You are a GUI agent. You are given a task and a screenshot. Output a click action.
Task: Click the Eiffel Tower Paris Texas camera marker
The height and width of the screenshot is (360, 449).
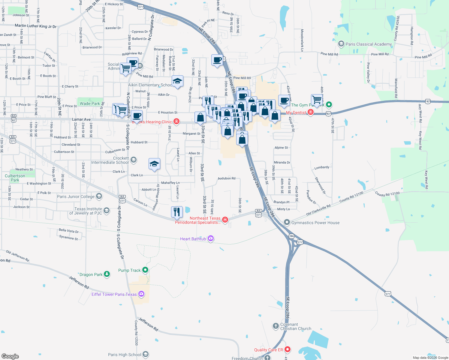141,294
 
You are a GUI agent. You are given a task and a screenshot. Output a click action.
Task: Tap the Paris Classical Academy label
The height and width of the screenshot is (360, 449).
369,44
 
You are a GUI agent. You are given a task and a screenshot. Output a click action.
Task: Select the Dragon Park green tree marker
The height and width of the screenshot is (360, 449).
107,274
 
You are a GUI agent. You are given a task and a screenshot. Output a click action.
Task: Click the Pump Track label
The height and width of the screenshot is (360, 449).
129,270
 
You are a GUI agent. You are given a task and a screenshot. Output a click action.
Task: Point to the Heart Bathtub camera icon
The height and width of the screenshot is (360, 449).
211,238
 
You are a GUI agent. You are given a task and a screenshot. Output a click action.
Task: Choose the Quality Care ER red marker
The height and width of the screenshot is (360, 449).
288,349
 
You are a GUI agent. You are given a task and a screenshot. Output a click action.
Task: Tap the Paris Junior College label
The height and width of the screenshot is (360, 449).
76,196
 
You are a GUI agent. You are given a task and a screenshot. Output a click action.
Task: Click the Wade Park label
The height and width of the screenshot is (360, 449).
90,103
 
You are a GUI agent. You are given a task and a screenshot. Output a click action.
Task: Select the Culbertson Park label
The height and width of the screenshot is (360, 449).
15,178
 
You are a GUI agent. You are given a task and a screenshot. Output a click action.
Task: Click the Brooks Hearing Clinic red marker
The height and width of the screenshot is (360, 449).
176,121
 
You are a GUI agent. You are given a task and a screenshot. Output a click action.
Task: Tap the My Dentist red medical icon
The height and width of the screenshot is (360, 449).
311,112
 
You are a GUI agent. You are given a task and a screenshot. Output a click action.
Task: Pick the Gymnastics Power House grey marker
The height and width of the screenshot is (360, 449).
287,222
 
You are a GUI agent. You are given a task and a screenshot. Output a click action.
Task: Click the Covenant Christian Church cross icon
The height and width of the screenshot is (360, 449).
276,326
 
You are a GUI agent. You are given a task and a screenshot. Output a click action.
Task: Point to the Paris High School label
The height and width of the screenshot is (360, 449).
125,355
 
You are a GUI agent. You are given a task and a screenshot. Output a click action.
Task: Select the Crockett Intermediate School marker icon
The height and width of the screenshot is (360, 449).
134,160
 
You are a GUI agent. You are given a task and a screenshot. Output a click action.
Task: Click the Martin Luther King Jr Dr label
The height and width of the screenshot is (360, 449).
36,26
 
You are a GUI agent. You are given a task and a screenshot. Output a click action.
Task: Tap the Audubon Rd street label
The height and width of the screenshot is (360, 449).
227,178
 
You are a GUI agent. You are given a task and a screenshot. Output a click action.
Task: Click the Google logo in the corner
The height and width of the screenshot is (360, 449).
10,356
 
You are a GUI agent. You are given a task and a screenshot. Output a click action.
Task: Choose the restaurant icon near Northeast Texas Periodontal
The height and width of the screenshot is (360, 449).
177,212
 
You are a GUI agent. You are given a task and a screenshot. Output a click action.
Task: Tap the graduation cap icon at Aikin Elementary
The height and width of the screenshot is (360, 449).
177,81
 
